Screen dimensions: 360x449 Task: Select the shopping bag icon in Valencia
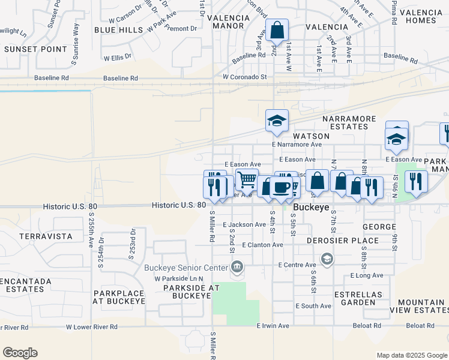(277, 29)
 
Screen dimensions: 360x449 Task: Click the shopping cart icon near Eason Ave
(246, 179)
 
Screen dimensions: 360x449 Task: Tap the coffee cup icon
(281, 187)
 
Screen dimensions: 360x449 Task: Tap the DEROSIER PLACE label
(342, 241)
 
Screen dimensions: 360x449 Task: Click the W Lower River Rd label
(92, 327)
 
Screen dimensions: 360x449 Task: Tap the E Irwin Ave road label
(273, 326)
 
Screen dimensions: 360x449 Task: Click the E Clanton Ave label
(262, 245)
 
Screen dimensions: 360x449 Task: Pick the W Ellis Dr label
(117, 59)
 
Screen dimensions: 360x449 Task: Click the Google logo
(20, 353)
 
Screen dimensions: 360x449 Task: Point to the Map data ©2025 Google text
(411, 355)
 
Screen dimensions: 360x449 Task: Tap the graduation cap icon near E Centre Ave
(327, 259)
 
